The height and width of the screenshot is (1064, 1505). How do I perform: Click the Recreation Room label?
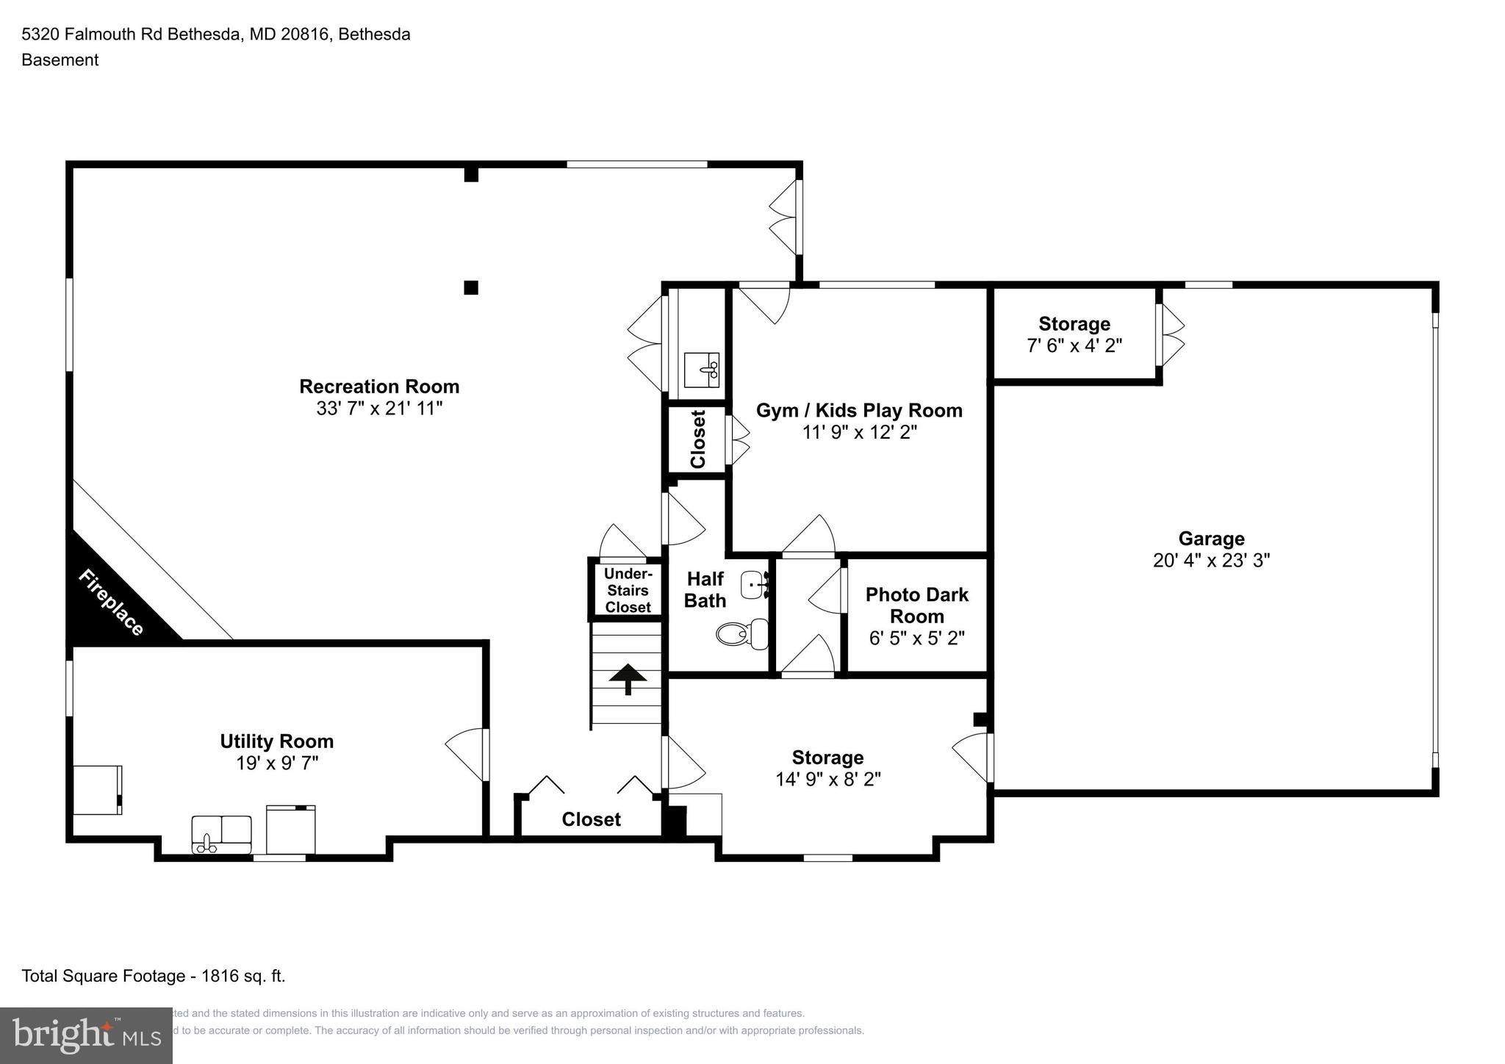click(379, 387)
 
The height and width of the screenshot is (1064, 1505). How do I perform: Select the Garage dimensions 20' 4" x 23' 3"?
click(1211, 561)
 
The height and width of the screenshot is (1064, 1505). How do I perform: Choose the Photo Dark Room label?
click(916, 605)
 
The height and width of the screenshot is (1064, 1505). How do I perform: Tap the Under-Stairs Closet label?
click(628, 590)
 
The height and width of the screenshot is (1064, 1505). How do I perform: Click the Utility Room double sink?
click(221, 834)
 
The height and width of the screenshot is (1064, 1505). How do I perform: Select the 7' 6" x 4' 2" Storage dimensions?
click(1074, 345)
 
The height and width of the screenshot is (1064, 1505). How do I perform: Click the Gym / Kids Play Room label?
click(858, 410)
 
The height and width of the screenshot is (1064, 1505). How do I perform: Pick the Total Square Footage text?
click(154, 976)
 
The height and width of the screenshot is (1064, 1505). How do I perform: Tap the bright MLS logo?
click(86, 1035)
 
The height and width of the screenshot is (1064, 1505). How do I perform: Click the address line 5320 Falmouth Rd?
click(215, 35)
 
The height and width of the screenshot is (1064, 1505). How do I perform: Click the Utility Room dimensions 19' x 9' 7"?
click(276, 763)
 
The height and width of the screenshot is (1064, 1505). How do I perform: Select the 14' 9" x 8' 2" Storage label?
click(827, 758)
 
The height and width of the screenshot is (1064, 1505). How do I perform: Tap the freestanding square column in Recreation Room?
click(471, 287)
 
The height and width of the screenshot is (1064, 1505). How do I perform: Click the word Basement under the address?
click(60, 60)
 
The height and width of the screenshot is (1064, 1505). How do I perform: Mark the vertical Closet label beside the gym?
click(697, 439)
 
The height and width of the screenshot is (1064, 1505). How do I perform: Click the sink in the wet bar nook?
click(702, 369)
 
